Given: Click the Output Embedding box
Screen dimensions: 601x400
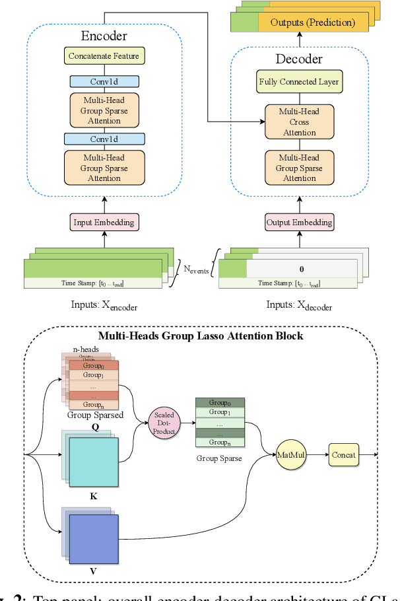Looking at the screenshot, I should point(299,222).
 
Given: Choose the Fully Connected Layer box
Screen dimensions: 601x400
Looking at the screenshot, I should point(299,83).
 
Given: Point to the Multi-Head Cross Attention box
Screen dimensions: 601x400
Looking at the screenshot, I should point(299,122).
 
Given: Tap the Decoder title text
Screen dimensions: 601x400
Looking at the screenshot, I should point(299,59).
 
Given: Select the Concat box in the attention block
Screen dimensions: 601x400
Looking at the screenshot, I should point(344,454).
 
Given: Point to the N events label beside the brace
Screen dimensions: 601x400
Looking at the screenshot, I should point(197,269).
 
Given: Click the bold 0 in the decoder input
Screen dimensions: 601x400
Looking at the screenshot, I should point(301,269).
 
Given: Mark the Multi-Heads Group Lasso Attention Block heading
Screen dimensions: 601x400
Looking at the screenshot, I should point(200,336).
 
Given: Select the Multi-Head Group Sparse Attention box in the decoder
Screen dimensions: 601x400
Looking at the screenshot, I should point(299,168).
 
